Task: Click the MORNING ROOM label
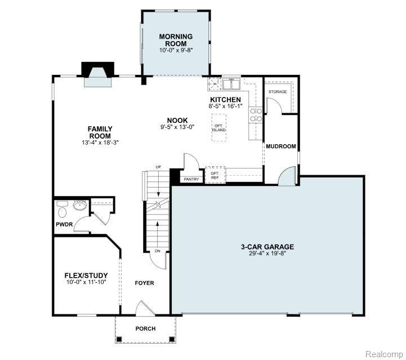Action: [x=176, y=40]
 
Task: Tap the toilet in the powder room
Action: [x=62, y=210]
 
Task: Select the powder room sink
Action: [x=80, y=206]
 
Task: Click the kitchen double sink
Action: [x=232, y=83]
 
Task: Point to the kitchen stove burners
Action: [x=256, y=115]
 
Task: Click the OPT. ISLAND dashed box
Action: [x=219, y=128]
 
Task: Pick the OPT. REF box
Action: [x=215, y=175]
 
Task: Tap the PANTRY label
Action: [x=191, y=179]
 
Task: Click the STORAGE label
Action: [x=278, y=92]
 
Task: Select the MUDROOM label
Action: [x=281, y=146]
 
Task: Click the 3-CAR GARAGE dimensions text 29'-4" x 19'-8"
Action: [x=267, y=254]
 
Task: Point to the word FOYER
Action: [x=145, y=283]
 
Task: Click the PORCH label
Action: [x=145, y=328]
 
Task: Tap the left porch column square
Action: [x=119, y=339]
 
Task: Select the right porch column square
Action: [x=172, y=339]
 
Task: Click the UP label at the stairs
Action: [x=158, y=167]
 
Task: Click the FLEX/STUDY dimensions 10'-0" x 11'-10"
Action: [x=87, y=282]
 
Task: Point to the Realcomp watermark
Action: [x=384, y=354]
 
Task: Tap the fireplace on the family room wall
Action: [x=98, y=74]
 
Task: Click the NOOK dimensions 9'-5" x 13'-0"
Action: [x=177, y=127]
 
